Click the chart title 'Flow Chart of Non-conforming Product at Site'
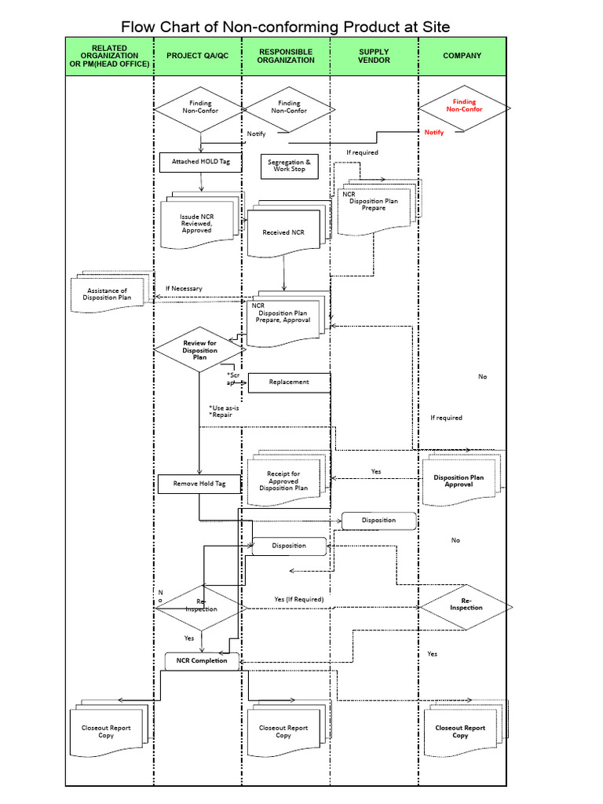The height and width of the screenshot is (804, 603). tap(286, 27)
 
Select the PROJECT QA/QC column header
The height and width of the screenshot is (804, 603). tap(197, 57)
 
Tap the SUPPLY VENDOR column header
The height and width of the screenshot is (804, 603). tap(374, 57)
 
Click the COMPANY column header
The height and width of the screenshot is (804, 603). tap(462, 57)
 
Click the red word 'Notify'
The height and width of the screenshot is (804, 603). tap(434, 133)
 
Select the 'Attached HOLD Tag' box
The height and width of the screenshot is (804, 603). tap(201, 162)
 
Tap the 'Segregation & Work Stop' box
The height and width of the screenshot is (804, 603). tap(289, 166)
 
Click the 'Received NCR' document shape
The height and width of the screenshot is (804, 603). tap(284, 232)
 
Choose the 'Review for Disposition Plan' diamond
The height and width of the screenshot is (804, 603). tap(199, 350)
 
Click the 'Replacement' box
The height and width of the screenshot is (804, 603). tap(289, 382)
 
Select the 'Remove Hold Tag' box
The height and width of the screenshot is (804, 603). tap(199, 484)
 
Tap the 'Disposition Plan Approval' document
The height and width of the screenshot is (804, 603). tap(459, 481)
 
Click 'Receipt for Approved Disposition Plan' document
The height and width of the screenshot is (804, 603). tap(283, 481)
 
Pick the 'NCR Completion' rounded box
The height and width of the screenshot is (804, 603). tap(202, 660)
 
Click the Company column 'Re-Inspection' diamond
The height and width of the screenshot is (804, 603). tap(466, 608)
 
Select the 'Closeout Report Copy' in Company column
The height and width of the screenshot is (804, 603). tap(460, 731)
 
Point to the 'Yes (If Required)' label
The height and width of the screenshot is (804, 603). tap(298, 599)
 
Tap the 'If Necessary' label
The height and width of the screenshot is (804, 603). tap(184, 288)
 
